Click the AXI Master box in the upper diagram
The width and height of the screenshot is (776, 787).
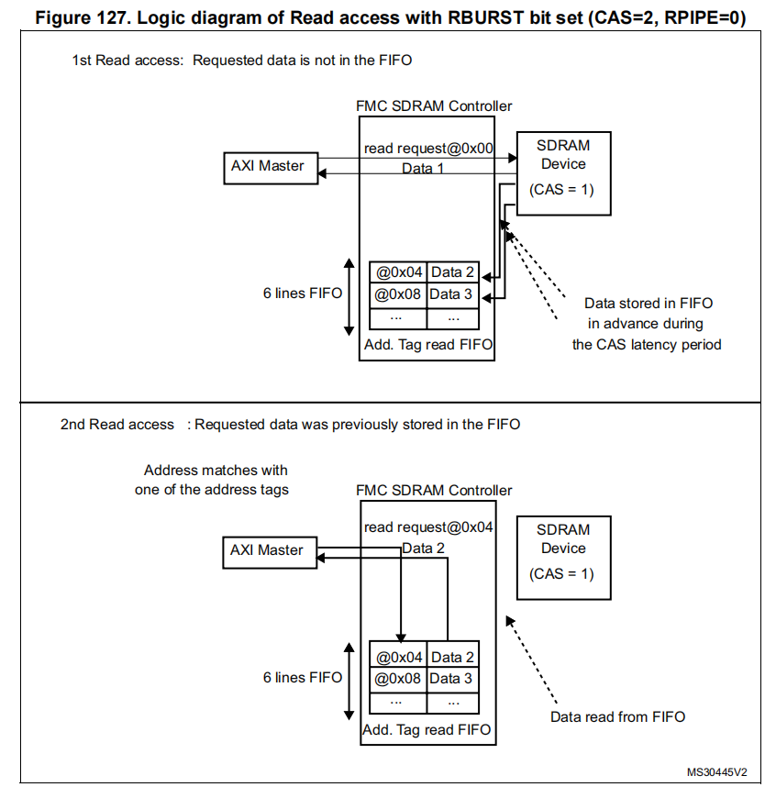(x=267, y=167)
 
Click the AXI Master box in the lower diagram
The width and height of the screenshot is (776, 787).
(x=267, y=550)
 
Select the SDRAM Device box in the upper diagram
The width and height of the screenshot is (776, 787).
(x=562, y=173)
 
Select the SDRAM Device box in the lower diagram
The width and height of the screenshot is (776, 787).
(x=562, y=558)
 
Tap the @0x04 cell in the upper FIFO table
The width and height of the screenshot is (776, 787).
(x=398, y=272)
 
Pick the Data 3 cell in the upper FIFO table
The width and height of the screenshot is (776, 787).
(x=452, y=294)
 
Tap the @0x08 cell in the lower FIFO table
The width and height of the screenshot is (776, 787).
(x=398, y=679)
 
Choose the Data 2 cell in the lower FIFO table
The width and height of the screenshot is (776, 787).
(x=452, y=657)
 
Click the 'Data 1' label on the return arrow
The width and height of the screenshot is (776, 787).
(x=423, y=169)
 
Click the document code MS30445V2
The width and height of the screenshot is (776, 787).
(x=717, y=772)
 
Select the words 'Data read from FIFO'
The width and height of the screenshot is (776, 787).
(x=617, y=716)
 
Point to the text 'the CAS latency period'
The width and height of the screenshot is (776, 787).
(x=647, y=345)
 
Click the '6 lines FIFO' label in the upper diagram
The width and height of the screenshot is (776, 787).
(x=302, y=294)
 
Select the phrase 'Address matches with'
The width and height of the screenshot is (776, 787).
(x=210, y=470)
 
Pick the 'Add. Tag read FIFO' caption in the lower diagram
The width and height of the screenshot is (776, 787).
(x=427, y=730)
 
